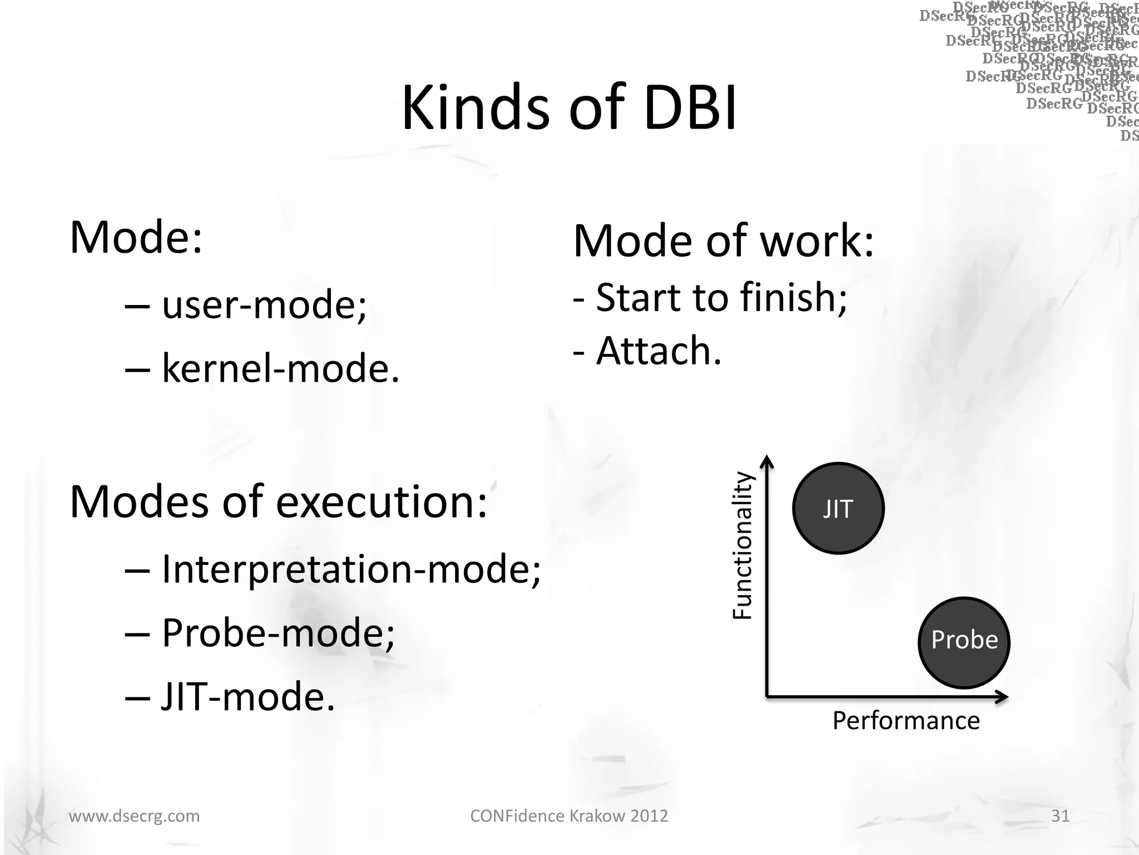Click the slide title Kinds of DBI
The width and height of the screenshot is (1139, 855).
[569, 107]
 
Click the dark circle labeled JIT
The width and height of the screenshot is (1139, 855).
[838, 508]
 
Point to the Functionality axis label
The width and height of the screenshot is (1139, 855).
[742, 546]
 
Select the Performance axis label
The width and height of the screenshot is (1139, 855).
[906, 720]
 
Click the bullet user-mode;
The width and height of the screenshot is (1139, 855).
[264, 305]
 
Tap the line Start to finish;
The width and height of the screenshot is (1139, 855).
[721, 297]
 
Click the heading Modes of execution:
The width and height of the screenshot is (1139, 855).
[278, 502]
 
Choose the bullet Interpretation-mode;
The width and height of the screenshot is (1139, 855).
[350, 569]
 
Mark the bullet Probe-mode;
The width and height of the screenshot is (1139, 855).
[278, 633]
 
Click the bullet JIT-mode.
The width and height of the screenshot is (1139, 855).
[247, 696]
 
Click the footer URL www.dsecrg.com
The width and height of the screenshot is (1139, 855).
[134, 815]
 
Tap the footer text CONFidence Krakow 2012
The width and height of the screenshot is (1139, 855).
[569, 815]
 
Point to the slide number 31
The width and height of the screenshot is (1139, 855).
[1060, 815]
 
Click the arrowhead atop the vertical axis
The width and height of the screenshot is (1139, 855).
[767, 460]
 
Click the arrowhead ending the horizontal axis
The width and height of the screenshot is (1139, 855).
[1003, 697]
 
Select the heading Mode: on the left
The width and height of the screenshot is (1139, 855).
[136, 237]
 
